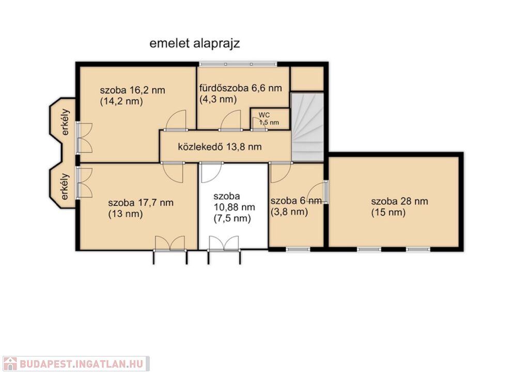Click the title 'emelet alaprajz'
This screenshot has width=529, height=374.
pos(195,44)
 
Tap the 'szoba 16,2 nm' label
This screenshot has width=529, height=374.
pos(133,90)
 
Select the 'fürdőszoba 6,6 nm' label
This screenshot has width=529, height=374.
pos(241,88)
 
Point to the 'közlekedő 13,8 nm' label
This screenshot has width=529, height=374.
pos(220,147)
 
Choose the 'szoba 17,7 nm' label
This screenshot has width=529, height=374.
pos(141,203)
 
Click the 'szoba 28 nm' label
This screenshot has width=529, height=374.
pos(399,202)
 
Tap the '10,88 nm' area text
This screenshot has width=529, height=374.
pos(235,207)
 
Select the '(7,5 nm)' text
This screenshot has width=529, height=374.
pos(232,219)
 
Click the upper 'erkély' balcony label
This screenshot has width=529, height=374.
pos(65,122)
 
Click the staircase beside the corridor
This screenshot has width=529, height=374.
pos(307,127)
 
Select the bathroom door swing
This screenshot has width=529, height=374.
pos(231,120)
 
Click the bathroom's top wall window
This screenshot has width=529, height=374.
pos(238,64)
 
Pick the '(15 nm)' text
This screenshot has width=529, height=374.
pos(388,213)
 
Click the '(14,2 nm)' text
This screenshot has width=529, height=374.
pos(121,101)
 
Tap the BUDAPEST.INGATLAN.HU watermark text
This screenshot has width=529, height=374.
pos(81,364)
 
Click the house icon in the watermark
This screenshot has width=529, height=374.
pos(10,364)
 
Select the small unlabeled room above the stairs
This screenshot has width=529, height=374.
pos(307,79)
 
